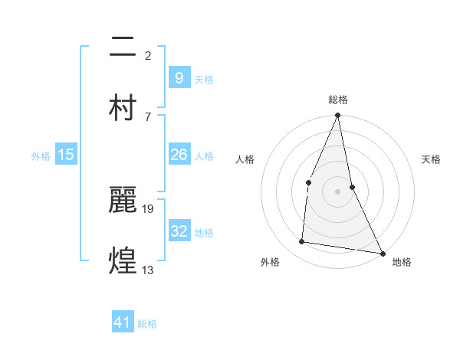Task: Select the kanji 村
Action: [123, 107]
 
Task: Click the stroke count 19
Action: [149, 208]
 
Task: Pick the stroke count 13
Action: [149, 270]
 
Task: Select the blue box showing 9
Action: [179, 77]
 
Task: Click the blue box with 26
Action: [179, 155]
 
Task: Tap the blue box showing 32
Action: [179, 231]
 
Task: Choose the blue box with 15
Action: [66, 155]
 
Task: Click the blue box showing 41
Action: [123, 322]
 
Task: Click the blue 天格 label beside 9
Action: [204, 80]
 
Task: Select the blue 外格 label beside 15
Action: [41, 156]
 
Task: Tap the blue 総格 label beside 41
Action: [147, 324]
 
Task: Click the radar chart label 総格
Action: [338, 100]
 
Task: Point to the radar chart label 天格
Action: [431, 159]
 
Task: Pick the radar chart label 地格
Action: [402, 262]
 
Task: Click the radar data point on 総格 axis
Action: [337, 116]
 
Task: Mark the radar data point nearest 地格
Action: [382, 253]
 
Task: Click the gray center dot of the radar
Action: [337, 191]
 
